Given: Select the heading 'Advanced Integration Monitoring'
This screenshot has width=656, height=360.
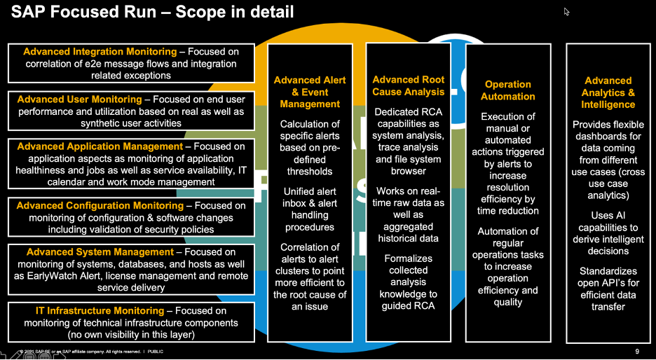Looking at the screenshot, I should tap(100, 52).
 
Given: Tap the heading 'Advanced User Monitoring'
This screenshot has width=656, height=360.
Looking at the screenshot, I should tap(79, 99).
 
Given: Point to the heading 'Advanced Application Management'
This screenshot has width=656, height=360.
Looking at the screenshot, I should tap(100, 146).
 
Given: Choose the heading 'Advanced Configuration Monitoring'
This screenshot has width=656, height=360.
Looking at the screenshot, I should tap(100, 206).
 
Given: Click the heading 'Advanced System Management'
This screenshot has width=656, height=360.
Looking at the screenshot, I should tap(97, 252).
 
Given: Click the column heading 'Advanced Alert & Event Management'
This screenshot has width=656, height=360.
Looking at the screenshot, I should tap(310, 92).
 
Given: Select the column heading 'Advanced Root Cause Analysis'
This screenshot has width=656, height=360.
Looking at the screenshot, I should tap(409, 86).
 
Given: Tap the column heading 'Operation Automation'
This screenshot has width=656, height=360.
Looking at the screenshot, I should tap(508, 90).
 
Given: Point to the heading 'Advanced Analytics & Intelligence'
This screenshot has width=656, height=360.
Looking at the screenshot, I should tap(608, 92).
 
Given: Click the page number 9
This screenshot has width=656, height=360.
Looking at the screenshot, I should tap(637, 351).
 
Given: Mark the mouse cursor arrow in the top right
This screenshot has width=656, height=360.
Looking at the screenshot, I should tap(566, 11).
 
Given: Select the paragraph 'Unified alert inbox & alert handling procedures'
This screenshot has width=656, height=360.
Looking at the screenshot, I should tap(310, 209).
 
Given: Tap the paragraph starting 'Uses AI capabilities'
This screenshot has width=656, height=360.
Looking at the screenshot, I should tap(608, 233).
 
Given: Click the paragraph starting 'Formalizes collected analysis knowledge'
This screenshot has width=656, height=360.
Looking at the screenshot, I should tap(409, 282).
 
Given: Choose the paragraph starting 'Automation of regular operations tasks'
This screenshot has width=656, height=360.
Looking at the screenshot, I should tap(508, 266).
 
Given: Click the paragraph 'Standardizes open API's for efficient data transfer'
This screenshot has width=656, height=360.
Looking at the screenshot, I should tap(608, 289).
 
